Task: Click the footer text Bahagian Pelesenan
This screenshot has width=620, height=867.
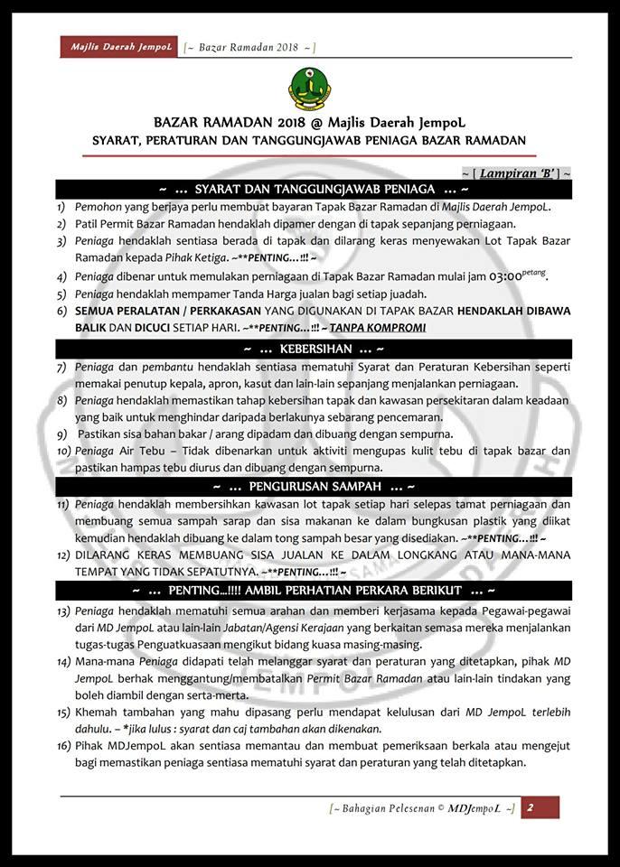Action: click(x=384, y=808)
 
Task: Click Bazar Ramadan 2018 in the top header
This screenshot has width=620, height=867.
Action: click(x=248, y=46)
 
